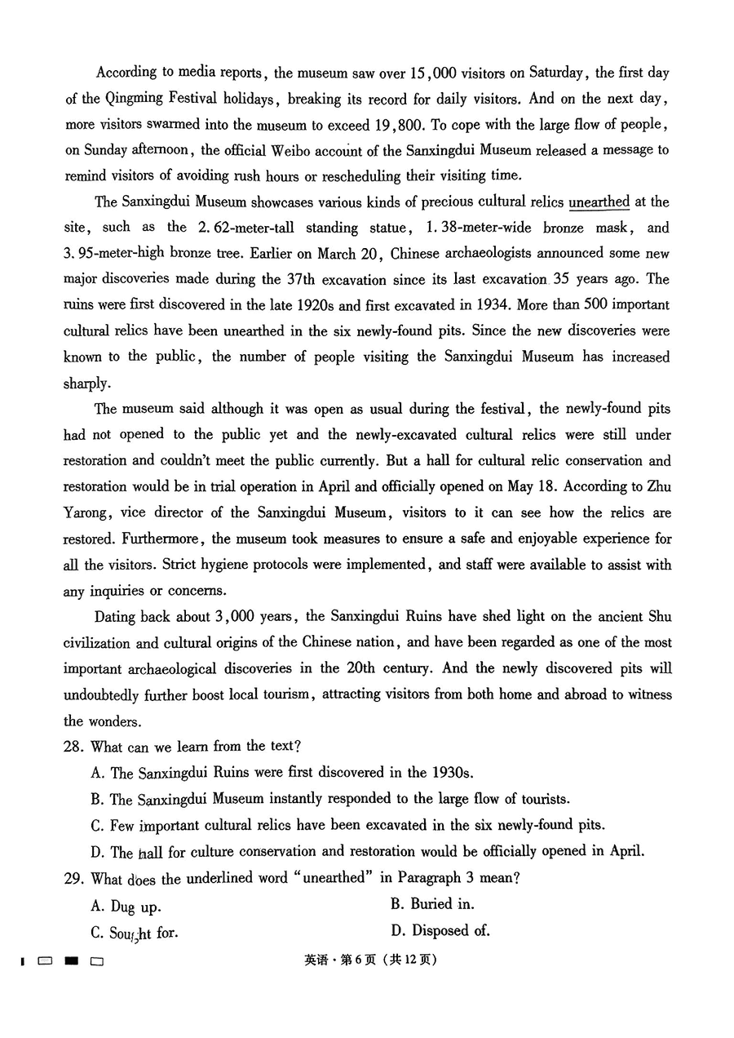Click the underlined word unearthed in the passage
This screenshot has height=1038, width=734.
tap(599, 202)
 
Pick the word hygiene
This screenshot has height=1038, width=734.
tap(221, 565)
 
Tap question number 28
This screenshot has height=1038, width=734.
tap(73, 746)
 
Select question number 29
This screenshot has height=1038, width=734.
tap(73, 878)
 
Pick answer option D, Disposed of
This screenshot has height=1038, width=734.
tap(440, 930)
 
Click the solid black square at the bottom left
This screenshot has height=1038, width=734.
tap(72, 961)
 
